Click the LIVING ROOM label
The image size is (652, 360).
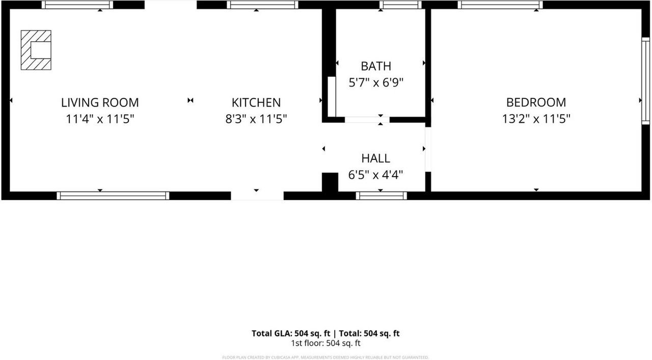click(x=100, y=102)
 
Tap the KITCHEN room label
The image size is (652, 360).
click(x=256, y=102)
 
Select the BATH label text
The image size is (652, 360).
click(x=376, y=66)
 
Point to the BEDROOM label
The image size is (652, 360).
click(x=536, y=102)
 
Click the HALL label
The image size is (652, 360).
click(x=376, y=158)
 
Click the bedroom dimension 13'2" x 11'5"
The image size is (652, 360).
click(x=536, y=119)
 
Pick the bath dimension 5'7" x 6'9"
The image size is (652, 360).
click(x=376, y=82)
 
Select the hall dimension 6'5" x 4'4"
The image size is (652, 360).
click(x=376, y=175)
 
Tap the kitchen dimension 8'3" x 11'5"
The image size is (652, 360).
click(x=256, y=119)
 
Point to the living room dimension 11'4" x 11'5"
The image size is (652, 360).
click(x=100, y=119)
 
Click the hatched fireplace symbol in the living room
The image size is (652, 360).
click(x=36, y=50)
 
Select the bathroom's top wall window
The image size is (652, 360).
click(x=400, y=5)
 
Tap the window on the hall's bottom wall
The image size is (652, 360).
click(x=381, y=196)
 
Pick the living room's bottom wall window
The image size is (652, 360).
click(x=113, y=196)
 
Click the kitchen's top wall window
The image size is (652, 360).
click(x=262, y=5)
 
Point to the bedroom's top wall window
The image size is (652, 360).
click(x=500, y=5)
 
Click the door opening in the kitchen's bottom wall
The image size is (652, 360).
click(x=257, y=196)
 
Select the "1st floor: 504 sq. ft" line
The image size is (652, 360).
click(x=325, y=343)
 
